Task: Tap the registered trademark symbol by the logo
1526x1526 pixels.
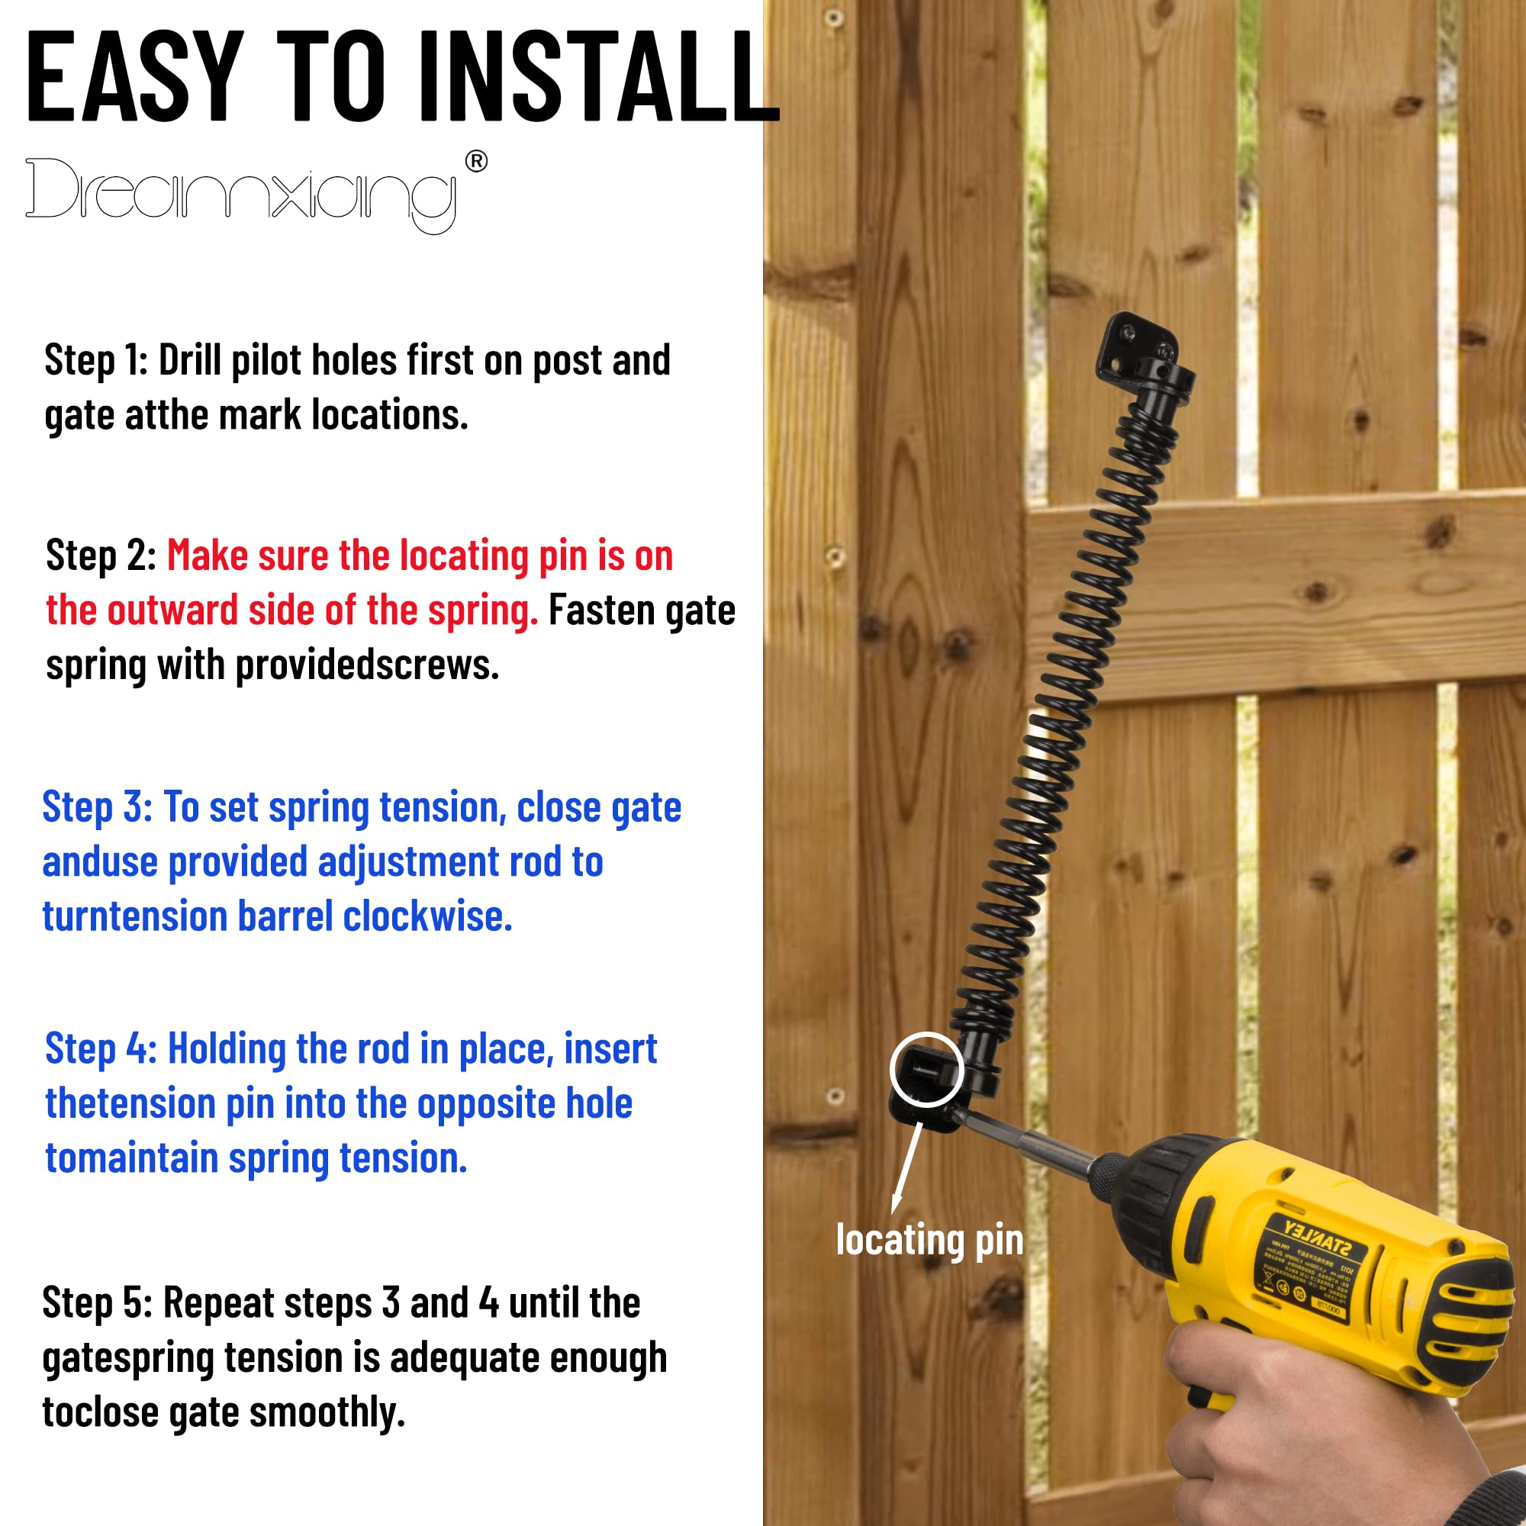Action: click(476, 162)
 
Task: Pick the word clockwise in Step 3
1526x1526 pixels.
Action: click(427, 916)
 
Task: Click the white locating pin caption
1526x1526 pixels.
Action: click(929, 1239)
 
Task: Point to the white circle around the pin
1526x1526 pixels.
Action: click(926, 1070)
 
